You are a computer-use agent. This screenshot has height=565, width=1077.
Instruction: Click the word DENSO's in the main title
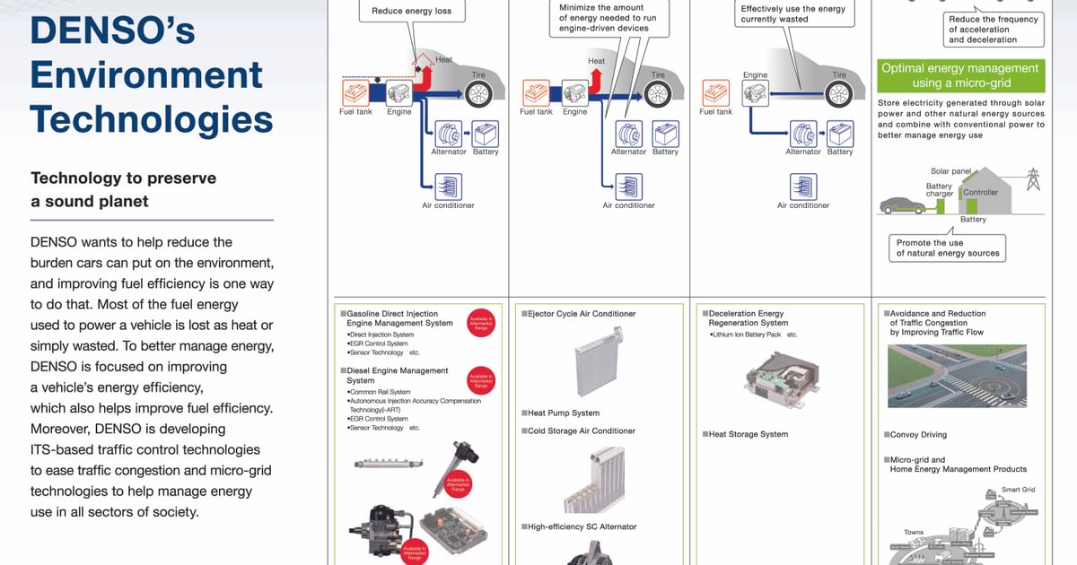coord(113,30)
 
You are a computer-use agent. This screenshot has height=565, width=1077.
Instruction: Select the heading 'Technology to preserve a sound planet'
coord(123,189)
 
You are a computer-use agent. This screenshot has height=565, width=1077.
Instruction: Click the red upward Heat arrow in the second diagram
coord(595,82)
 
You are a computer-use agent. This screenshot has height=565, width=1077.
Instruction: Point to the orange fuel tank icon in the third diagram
coord(716,92)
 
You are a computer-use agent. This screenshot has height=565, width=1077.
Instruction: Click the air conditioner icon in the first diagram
coord(448,187)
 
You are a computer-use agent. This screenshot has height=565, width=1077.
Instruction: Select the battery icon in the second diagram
coord(665,135)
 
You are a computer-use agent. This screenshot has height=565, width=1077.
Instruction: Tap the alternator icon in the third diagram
coord(802,134)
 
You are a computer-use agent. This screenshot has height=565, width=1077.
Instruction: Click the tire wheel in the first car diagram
coord(477,92)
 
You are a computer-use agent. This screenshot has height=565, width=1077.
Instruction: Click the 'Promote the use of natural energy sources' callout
coord(947,248)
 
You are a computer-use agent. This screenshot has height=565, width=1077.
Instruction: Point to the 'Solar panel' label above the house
coord(951,170)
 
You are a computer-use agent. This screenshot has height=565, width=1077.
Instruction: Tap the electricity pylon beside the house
coord(1032,179)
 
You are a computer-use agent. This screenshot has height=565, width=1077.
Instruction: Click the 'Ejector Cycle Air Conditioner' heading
coord(582,314)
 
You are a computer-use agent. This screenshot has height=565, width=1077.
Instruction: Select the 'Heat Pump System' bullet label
coord(563,413)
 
